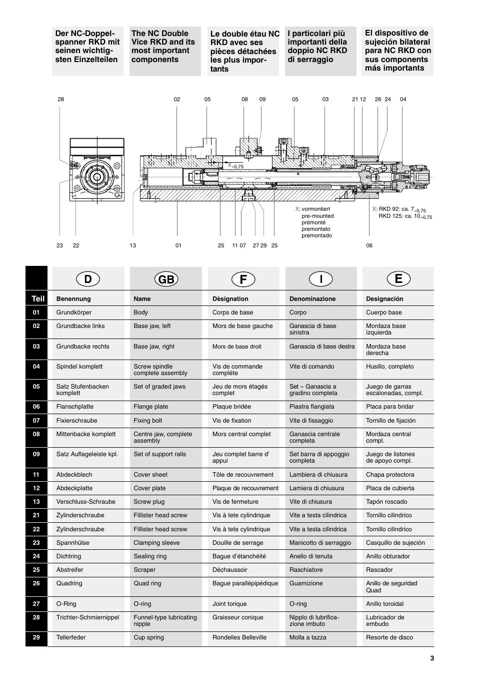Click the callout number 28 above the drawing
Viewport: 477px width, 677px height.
tap(61, 99)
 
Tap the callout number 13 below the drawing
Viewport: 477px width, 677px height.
tap(132, 245)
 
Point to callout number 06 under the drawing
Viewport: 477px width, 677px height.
tap(369, 245)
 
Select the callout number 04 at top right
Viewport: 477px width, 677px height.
tap(403, 99)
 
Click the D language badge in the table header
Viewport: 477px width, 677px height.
tap(88, 279)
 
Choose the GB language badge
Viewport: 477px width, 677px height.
tap(166, 279)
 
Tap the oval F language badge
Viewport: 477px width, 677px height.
tap(243, 279)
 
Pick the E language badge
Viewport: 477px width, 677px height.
tap(398, 279)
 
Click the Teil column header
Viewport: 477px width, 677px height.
tap(38, 299)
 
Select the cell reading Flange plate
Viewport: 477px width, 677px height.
tap(150, 407)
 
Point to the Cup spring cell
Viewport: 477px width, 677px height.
tap(148, 637)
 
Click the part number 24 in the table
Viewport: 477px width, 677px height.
tap(36, 556)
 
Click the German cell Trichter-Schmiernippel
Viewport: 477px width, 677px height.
tap(87, 617)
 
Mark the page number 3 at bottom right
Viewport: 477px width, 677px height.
tap(432, 658)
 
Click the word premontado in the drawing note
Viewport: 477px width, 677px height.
tap(316, 235)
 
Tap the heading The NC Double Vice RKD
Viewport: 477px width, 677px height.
tap(163, 46)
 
